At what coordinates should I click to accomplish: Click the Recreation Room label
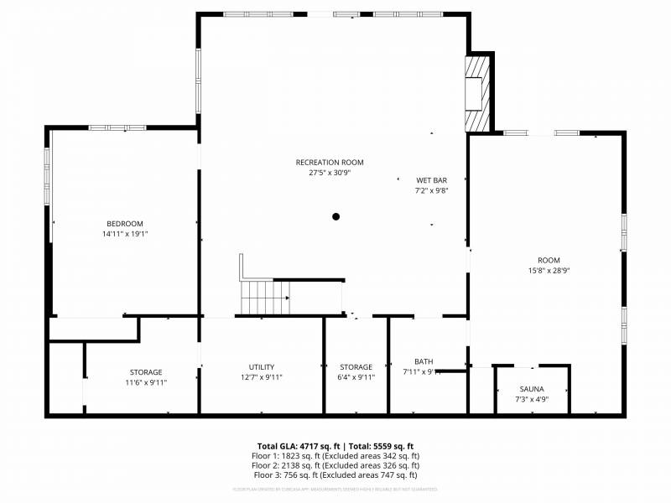(x=330, y=162)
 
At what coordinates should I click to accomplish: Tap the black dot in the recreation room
(x=335, y=216)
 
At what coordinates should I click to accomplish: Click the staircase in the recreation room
(x=265, y=297)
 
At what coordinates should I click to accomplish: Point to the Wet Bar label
(x=432, y=180)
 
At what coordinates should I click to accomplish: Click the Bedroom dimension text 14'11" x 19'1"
(x=124, y=234)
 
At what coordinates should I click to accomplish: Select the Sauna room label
(x=531, y=389)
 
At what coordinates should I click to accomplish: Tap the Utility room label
(x=261, y=367)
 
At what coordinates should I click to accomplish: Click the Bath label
(x=423, y=361)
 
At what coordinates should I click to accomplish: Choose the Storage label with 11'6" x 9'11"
(x=146, y=372)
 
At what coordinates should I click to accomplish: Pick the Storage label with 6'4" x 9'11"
(x=356, y=367)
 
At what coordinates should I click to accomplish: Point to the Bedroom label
(x=124, y=223)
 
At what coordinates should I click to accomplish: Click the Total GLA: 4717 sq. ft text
(x=299, y=445)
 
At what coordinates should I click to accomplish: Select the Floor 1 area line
(x=335, y=455)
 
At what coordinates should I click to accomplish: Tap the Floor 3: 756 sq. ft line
(x=335, y=475)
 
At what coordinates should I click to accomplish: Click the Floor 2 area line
(x=335, y=465)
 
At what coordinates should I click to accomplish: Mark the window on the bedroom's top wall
(x=117, y=127)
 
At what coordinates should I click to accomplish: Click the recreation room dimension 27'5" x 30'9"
(x=330, y=173)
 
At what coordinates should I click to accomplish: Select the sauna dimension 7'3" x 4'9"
(x=531, y=400)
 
